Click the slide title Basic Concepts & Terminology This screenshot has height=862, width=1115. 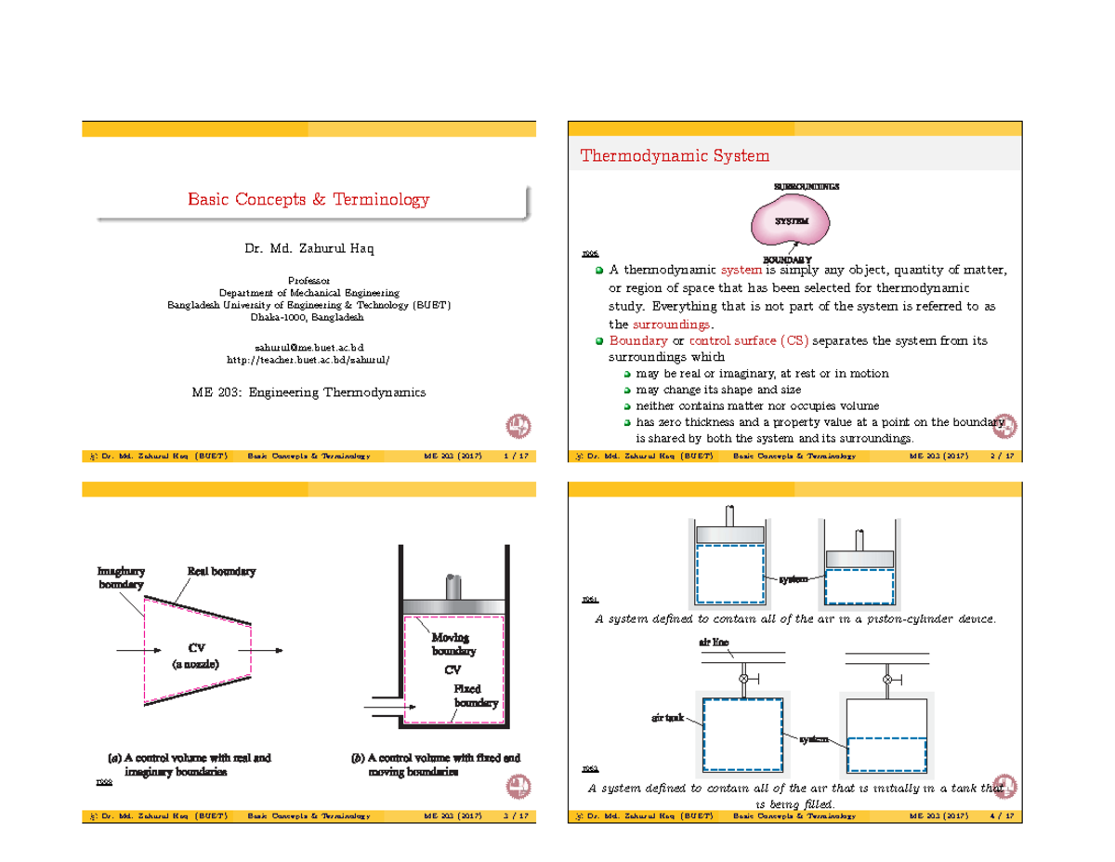[x=308, y=200]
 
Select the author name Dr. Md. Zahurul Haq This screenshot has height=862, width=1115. [x=308, y=249]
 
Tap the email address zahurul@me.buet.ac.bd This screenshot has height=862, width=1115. [x=308, y=347]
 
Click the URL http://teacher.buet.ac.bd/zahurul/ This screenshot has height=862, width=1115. [x=308, y=360]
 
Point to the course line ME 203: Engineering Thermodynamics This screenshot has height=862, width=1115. [x=308, y=392]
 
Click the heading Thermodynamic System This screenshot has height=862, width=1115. [x=675, y=155]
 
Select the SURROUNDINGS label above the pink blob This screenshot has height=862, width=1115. [x=806, y=186]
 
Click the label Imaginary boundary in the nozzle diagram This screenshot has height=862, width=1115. [x=121, y=577]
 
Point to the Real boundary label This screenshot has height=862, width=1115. [x=221, y=571]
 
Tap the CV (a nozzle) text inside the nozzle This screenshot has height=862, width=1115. [x=196, y=656]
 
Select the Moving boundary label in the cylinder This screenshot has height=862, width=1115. [x=452, y=644]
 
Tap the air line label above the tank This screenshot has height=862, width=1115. [x=714, y=643]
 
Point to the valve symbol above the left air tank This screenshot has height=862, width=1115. [x=742, y=679]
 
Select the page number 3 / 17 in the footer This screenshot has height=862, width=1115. [x=516, y=816]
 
